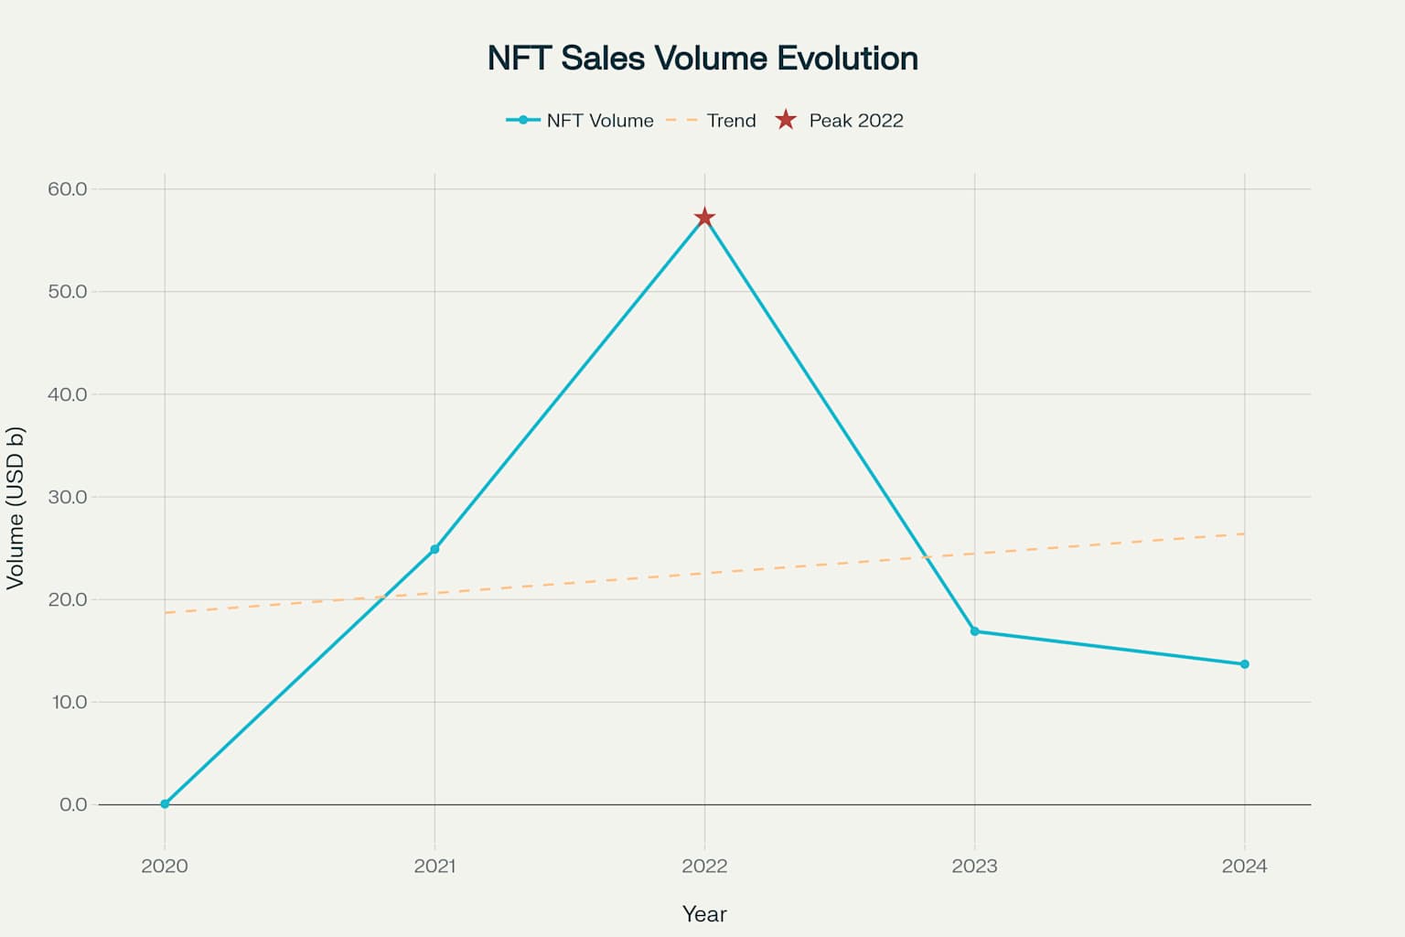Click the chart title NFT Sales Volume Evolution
coord(702,59)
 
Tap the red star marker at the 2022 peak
coord(704,218)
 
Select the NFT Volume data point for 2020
coord(165,803)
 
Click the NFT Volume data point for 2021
coord(434,549)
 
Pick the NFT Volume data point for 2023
coord(974,631)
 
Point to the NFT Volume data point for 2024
coord(1244,664)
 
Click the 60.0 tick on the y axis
coord(68,189)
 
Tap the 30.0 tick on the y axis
coord(68,497)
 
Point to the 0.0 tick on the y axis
coord(73,804)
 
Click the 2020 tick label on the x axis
coord(165,866)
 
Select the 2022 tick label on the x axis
coord(704,866)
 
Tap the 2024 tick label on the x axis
coord(1244,866)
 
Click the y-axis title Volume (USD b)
coord(16,508)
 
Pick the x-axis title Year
coord(704,914)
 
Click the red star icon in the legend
coord(786,120)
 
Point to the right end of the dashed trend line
coord(1243,533)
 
